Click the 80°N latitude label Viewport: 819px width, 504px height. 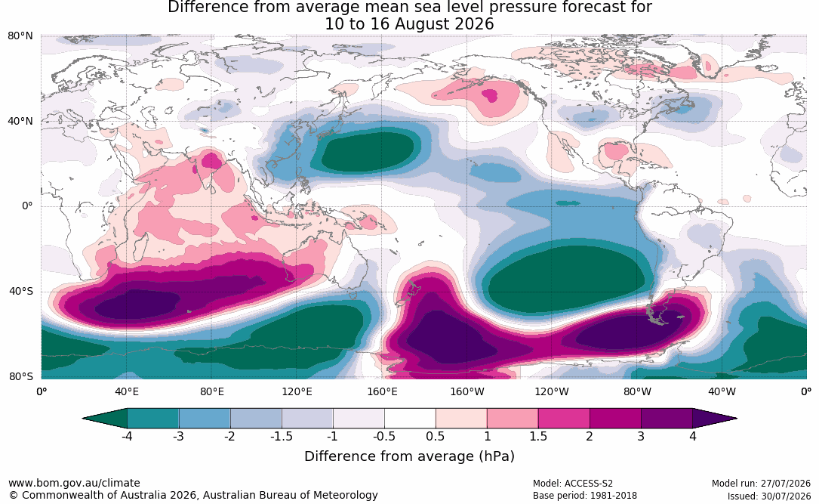tap(20, 36)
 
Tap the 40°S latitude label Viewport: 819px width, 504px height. tap(21, 291)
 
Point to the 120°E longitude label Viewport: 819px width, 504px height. tap(297, 391)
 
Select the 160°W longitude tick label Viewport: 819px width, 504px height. tap(467, 391)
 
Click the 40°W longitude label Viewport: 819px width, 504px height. tap(722, 391)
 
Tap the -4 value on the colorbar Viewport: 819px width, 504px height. tap(127, 436)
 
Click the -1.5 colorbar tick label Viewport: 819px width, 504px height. tap(281, 436)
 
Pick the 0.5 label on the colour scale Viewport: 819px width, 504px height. tap(435, 436)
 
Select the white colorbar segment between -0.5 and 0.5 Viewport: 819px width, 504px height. tap(410, 419)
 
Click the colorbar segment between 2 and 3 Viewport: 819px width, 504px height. tap(616, 419)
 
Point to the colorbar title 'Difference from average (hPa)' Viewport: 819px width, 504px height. tap(409, 456)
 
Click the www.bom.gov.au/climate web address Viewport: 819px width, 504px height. tap(74, 483)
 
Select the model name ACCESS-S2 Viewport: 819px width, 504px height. tap(588, 483)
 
